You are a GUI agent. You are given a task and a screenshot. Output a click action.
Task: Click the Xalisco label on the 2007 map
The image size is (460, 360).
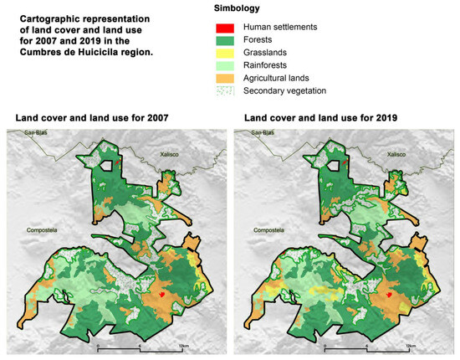(171, 155)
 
